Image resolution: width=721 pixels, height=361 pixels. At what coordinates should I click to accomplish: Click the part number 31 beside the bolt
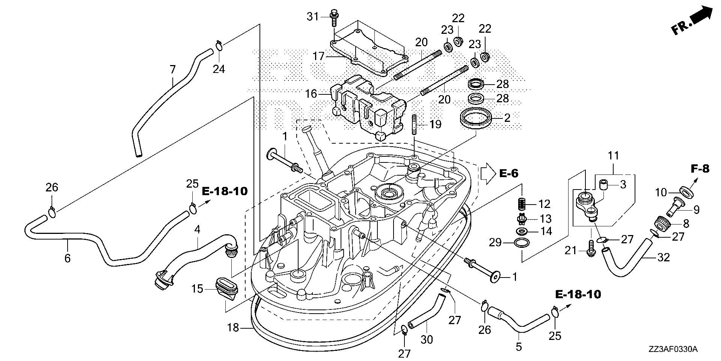312,17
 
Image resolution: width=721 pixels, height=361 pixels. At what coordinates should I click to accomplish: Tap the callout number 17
319,56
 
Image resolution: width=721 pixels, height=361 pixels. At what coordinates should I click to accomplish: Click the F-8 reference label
700,169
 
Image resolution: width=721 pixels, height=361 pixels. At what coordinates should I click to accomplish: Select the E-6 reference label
509,173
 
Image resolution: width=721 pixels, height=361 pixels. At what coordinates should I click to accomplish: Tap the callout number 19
435,124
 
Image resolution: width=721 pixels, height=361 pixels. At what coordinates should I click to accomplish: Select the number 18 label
233,328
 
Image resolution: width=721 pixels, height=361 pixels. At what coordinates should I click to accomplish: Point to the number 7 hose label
172,70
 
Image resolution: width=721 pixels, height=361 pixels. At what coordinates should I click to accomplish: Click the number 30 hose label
427,340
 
